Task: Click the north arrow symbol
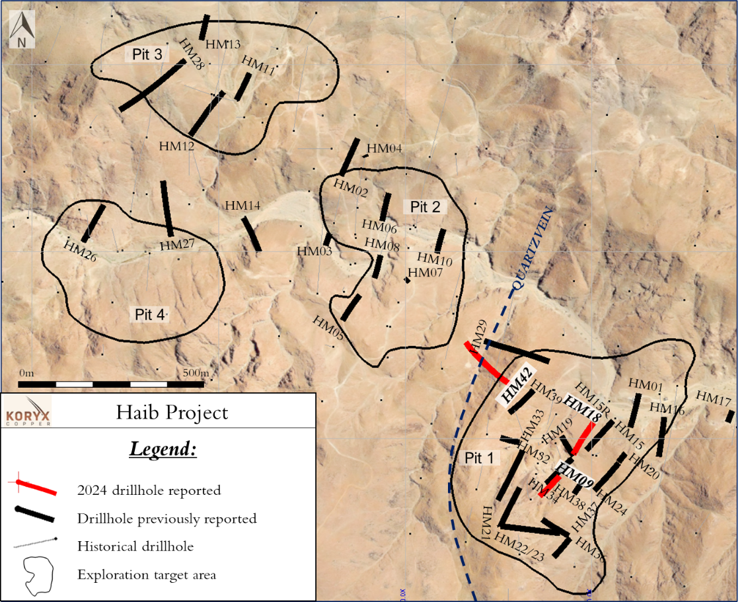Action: point(22,30)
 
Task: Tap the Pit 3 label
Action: point(147,55)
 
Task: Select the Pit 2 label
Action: point(425,207)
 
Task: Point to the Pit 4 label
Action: point(149,315)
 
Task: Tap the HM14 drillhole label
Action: point(242,206)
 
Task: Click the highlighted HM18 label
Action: point(583,411)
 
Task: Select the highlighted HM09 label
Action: point(576,474)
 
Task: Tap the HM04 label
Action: point(385,149)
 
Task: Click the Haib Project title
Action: point(172,413)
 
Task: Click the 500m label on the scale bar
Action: point(196,373)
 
